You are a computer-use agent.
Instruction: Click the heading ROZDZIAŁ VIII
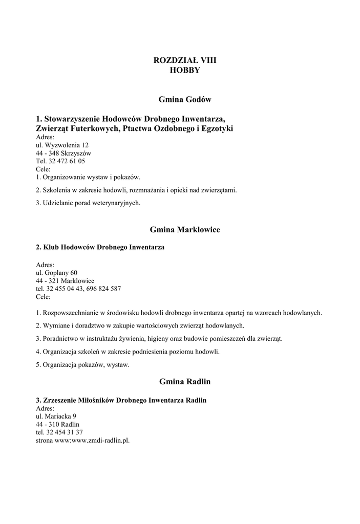click(x=185, y=60)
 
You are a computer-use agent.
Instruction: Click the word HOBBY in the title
click(x=185, y=70)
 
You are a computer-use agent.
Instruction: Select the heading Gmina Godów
click(x=185, y=99)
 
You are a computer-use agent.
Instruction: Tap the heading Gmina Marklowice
click(x=185, y=230)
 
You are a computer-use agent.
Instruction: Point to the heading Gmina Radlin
click(x=185, y=382)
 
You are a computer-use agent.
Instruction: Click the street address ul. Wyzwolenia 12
click(x=62, y=145)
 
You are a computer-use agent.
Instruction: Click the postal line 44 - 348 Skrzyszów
click(x=63, y=153)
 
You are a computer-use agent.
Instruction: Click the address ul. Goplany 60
click(x=57, y=273)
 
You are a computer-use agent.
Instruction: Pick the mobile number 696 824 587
click(x=104, y=289)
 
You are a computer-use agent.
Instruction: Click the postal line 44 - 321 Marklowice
click(x=65, y=281)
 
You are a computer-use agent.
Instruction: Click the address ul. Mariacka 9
click(x=56, y=417)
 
